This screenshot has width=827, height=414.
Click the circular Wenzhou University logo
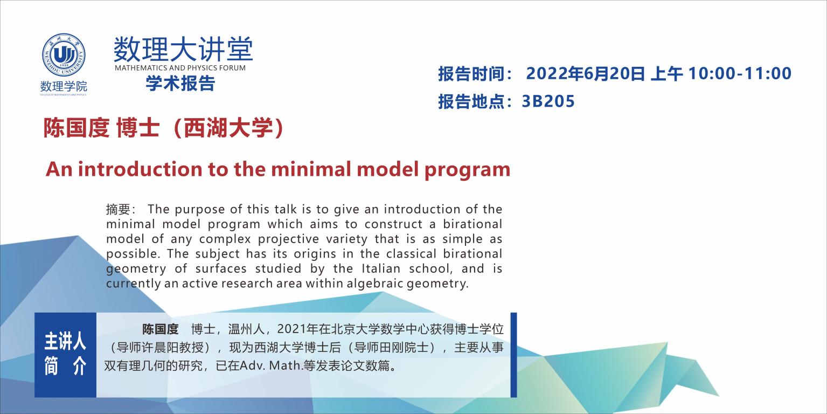[64, 55]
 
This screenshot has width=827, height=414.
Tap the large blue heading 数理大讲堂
[183, 49]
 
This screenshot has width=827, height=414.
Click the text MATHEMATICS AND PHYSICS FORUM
[180, 68]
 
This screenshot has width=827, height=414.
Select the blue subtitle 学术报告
[180, 83]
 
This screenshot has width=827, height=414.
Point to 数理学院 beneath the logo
[64, 86]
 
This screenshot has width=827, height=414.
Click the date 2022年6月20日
[585, 73]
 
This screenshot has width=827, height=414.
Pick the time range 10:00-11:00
[740, 73]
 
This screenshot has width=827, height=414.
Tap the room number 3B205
[548, 101]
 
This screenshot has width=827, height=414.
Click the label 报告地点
[471, 101]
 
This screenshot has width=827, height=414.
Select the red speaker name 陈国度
[77, 128]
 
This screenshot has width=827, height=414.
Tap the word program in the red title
[468, 170]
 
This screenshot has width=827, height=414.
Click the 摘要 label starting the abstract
[118, 209]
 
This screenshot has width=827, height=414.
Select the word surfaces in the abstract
[221, 268]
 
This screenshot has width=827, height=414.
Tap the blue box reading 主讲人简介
[65, 355]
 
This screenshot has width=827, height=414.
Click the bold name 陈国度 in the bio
[160, 329]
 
